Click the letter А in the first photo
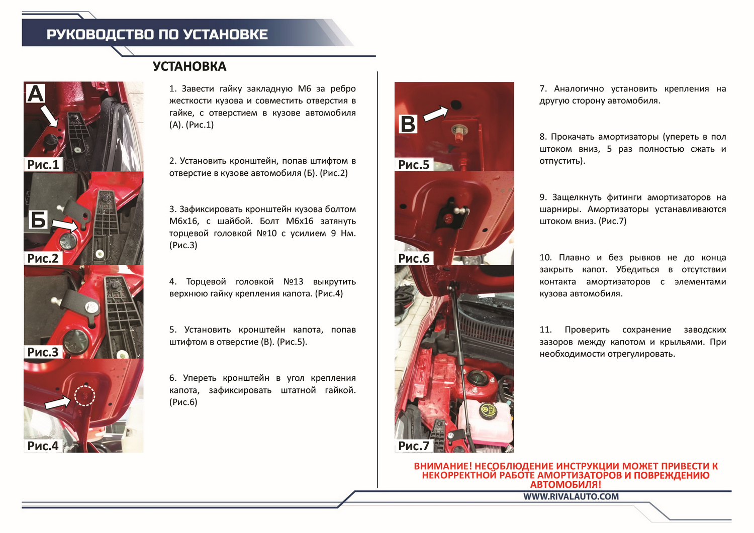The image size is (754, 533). (x=35, y=93)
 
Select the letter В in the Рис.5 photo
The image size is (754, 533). (x=408, y=124)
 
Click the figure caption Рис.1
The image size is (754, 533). (x=43, y=164)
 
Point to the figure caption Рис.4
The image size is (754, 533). (x=43, y=446)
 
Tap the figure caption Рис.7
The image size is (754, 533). (x=414, y=446)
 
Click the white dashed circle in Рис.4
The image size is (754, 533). (x=84, y=396)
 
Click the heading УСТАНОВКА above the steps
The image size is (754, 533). (x=190, y=66)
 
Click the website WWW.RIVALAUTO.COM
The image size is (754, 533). (x=571, y=496)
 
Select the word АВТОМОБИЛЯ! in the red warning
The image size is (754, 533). (x=565, y=485)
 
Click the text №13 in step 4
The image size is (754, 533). (x=293, y=281)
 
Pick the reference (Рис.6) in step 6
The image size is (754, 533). (x=183, y=402)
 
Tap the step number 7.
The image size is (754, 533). (x=543, y=89)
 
